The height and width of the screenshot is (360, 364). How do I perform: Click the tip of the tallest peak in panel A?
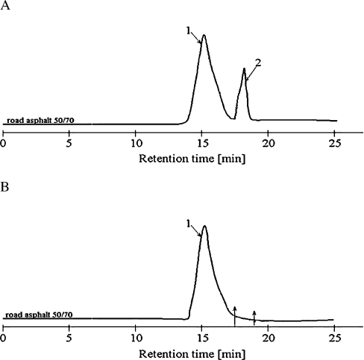tap(204, 35)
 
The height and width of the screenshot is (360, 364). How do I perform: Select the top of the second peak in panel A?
tap(244, 69)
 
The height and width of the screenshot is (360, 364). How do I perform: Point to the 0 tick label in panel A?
tap(4, 141)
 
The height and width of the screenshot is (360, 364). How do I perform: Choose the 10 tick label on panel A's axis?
tap(136, 141)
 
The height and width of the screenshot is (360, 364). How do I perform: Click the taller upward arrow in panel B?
tap(235, 315)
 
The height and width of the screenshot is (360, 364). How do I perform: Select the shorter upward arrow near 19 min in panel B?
tap(254, 318)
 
